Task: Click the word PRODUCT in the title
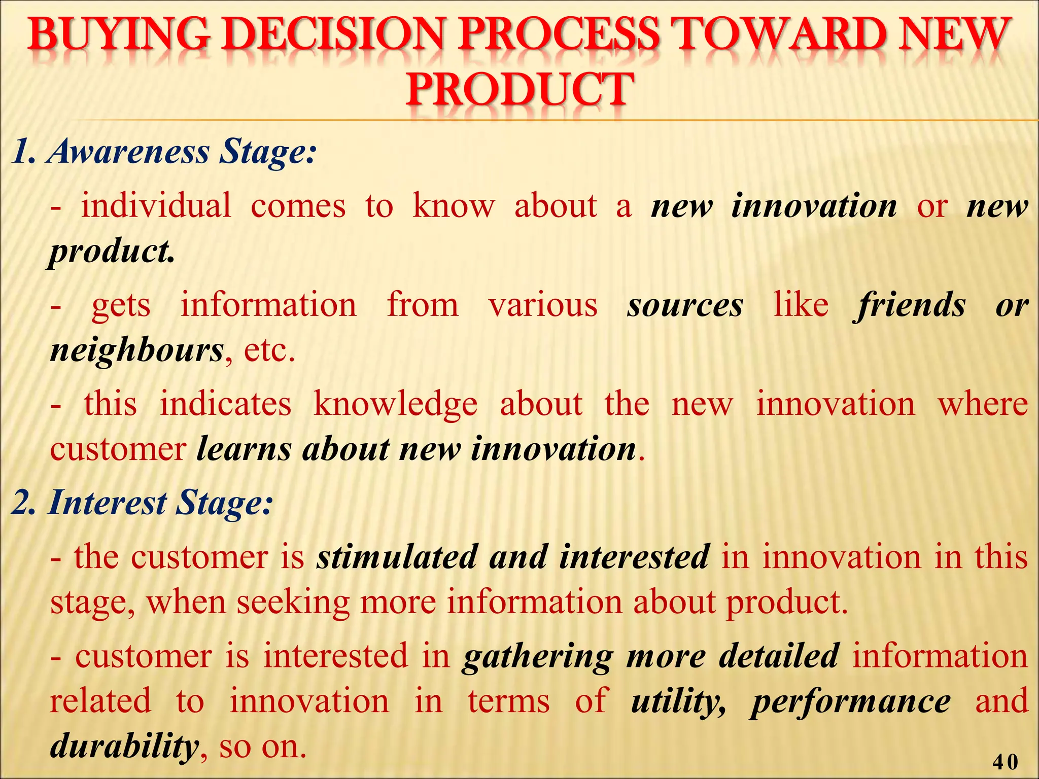(x=519, y=90)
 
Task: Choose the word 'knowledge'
(x=395, y=405)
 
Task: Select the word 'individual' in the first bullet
(x=156, y=206)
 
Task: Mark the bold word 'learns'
(x=244, y=449)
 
